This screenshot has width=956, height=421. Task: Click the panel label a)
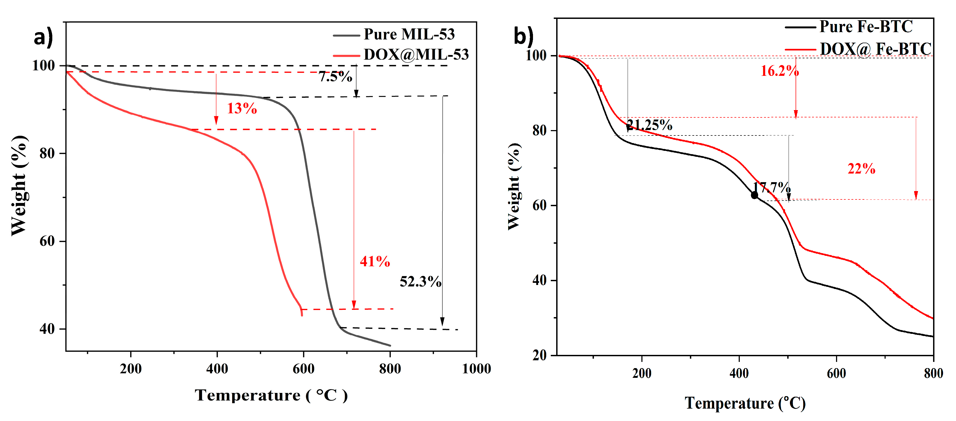(x=43, y=38)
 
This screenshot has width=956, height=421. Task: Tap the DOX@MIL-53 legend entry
(x=416, y=55)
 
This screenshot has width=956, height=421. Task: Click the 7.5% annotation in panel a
(x=335, y=77)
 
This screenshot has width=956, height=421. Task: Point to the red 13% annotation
(x=242, y=108)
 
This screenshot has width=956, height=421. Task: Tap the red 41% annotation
(x=374, y=262)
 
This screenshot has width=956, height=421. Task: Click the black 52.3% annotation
(x=420, y=282)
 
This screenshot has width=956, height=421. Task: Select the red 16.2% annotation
(x=779, y=71)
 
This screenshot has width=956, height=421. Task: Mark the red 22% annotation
(x=861, y=169)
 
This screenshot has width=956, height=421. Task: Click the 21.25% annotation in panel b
(x=649, y=125)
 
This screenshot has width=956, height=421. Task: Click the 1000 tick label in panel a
(x=476, y=369)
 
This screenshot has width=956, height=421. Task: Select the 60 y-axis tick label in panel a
(x=47, y=241)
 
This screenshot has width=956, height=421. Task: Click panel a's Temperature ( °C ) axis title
(x=271, y=395)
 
